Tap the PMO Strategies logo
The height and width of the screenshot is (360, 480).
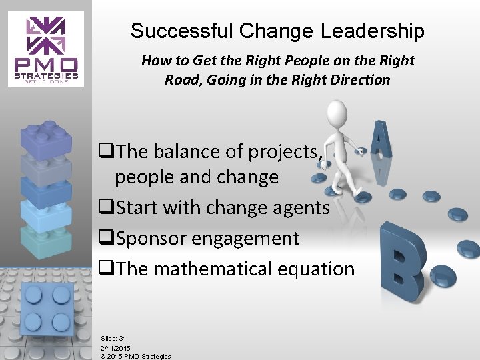click(46, 48)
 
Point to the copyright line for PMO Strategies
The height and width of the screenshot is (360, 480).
click(135, 356)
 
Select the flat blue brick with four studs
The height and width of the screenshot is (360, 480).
click(44, 309)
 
